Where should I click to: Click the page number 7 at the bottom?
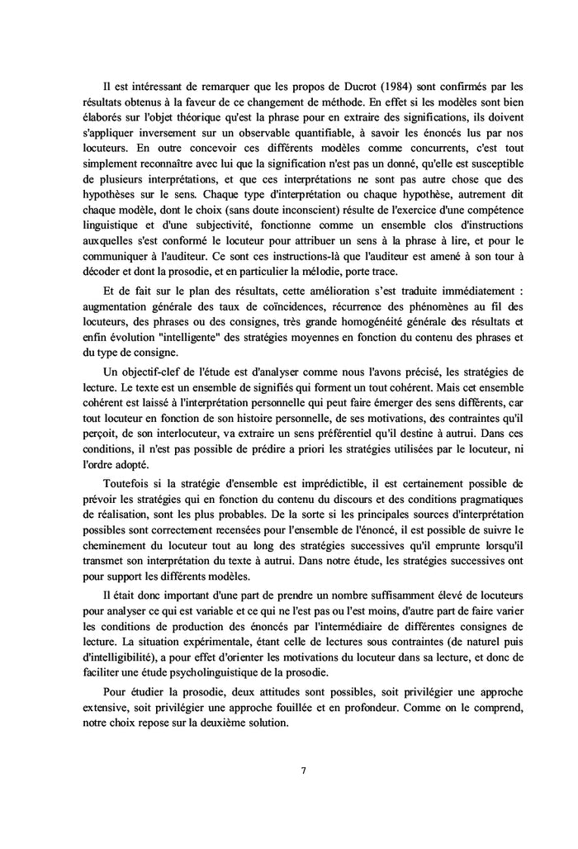click(x=303, y=771)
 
